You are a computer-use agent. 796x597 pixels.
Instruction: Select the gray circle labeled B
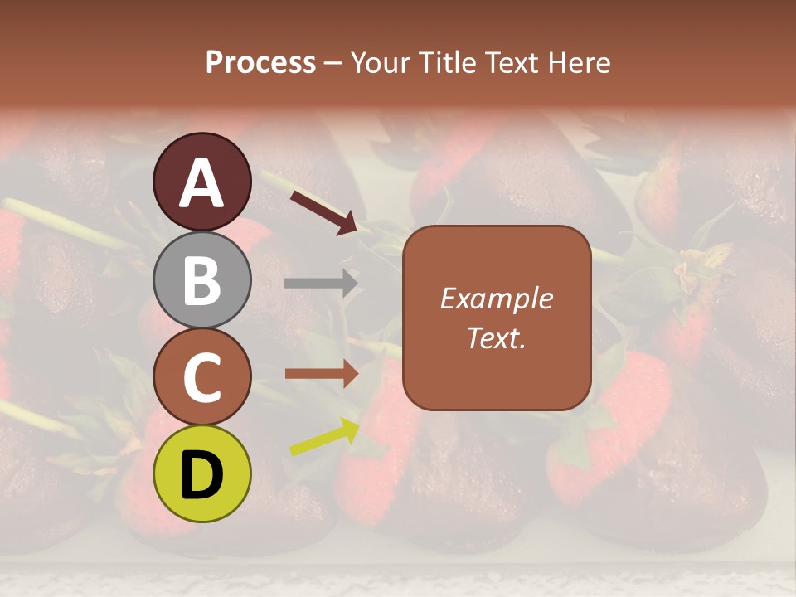[x=201, y=279]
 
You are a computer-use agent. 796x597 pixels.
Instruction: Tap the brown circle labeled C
[x=201, y=376]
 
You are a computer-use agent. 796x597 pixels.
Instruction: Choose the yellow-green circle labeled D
[x=201, y=473]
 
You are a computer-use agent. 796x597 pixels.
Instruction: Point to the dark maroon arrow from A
[x=323, y=211]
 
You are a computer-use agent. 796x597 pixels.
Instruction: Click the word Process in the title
[x=260, y=63]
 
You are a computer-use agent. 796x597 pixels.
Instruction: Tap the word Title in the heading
[x=446, y=63]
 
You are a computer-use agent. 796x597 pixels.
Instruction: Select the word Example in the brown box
[x=496, y=298]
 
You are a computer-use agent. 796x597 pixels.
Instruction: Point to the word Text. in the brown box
[x=496, y=337]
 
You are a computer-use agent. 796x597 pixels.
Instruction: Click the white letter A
[x=201, y=183]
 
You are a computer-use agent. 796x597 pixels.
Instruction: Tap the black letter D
[x=201, y=475]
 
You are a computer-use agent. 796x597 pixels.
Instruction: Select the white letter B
[x=201, y=280]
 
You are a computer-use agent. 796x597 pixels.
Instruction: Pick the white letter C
[x=201, y=378]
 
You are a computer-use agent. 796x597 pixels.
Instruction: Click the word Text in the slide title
[x=510, y=63]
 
